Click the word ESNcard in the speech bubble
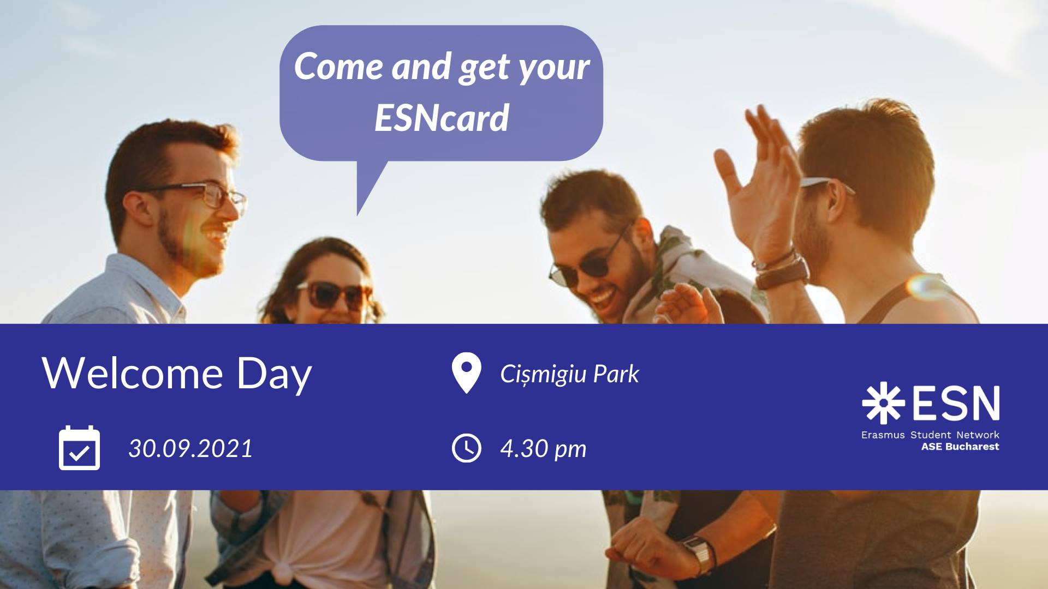pyautogui.click(x=442, y=117)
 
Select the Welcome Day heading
pyautogui.click(x=177, y=375)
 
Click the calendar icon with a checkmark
pyautogui.click(x=79, y=448)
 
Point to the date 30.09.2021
pyautogui.click(x=190, y=448)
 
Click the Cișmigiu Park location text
pyautogui.click(x=569, y=374)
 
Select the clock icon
pyautogui.click(x=467, y=448)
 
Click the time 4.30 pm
pyautogui.click(x=543, y=449)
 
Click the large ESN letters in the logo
pyautogui.click(x=955, y=404)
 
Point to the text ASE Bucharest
pyautogui.click(x=960, y=447)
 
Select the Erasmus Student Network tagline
pyautogui.click(x=930, y=435)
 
